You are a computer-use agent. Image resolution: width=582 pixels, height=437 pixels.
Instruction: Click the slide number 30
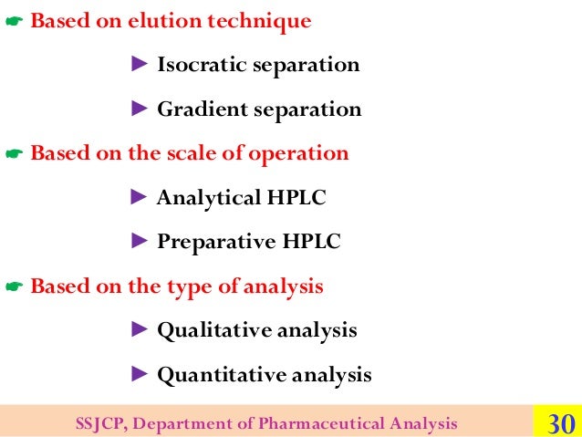pos(559,423)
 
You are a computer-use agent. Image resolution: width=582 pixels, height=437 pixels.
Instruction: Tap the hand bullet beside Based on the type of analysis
pos(13,287)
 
